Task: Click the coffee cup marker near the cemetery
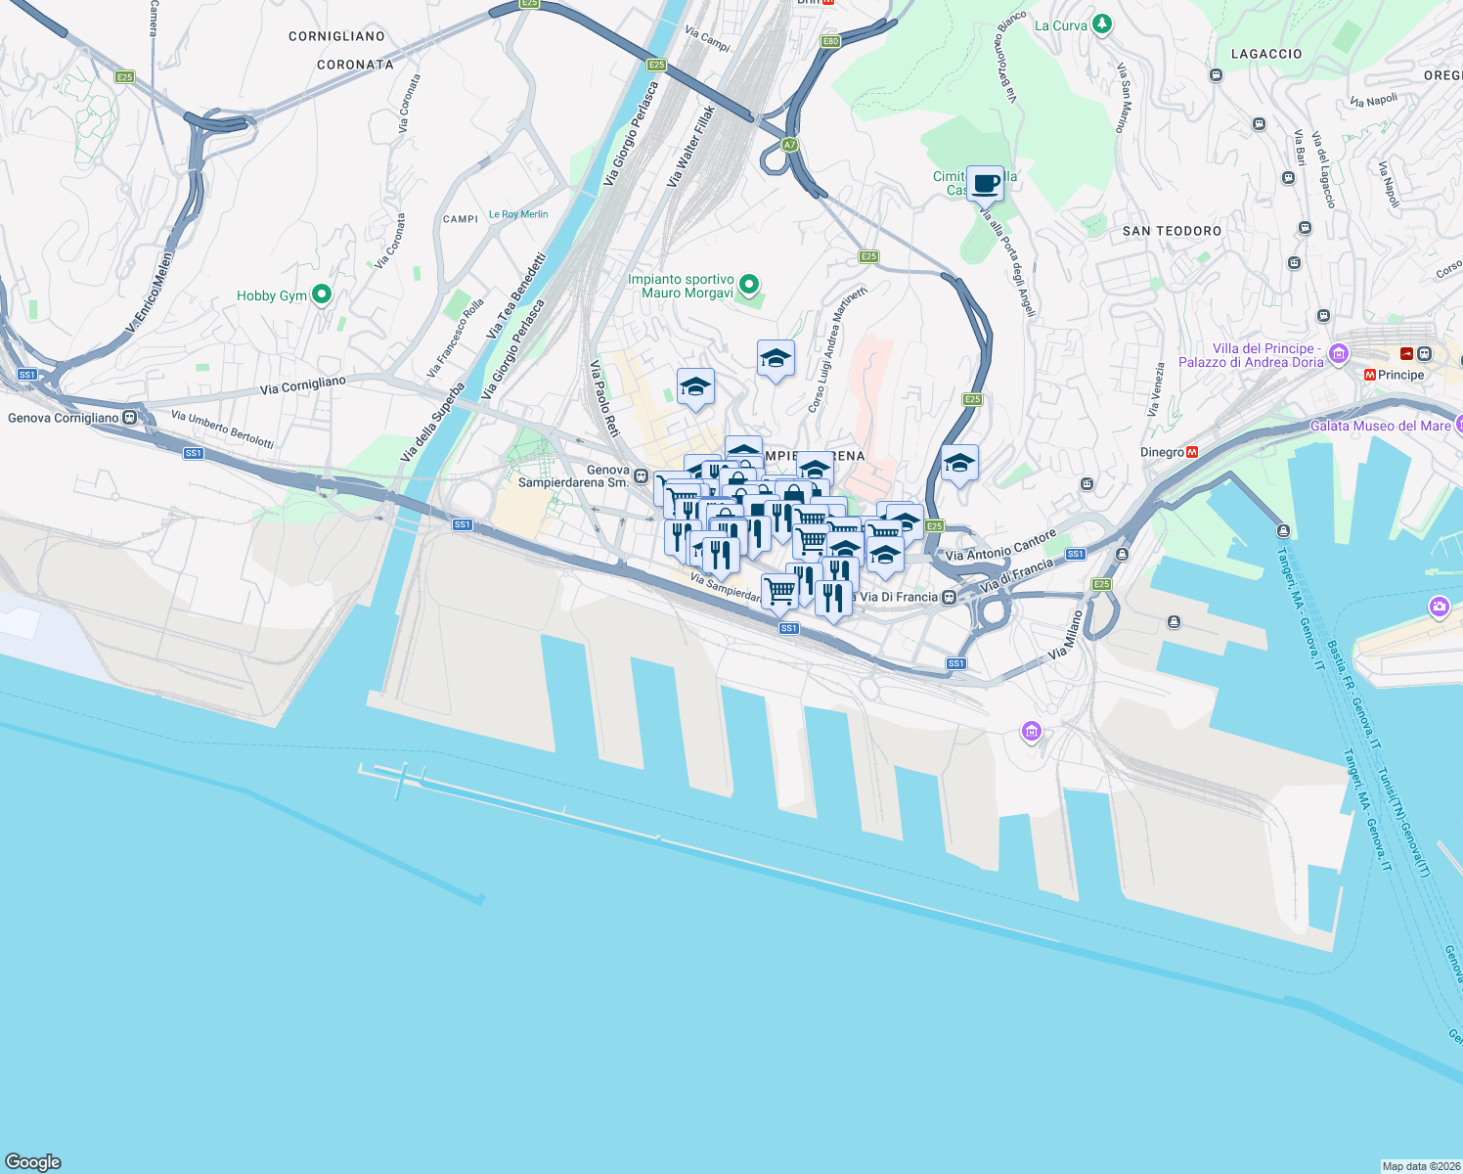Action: tap(986, 183)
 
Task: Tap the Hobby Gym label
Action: tap(272, 295)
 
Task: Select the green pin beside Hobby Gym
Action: tap(321, 294)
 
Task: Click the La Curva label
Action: tap(1061, 25)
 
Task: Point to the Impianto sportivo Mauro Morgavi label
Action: tap(682, 286)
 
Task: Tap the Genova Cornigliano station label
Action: tap(64, 418)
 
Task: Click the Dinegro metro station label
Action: tap(1163, 452)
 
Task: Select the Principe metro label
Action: tap(1400, 375)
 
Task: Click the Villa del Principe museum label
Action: tap(1251, 355)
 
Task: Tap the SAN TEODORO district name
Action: tap(1172, 231)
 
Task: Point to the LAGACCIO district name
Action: tap(1265, 54)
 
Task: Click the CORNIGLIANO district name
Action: tap(336, 36)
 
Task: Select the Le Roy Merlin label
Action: tap(518, 214)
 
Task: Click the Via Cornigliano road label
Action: tap(303, 385)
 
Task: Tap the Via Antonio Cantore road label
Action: tap(1000, 546)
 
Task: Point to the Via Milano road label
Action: tap(1066, 634)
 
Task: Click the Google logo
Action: tap(33, 1162)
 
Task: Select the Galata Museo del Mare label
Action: tap(1380, 426)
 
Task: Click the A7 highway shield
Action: tap(790, 145)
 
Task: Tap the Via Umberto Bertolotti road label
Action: tap(222, 429)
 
